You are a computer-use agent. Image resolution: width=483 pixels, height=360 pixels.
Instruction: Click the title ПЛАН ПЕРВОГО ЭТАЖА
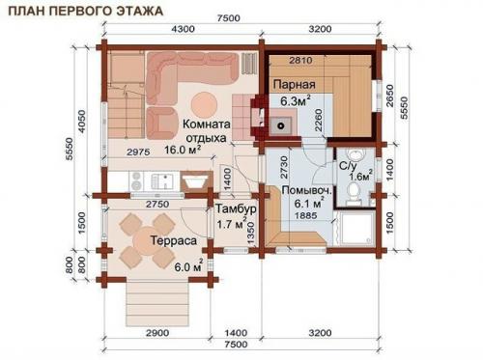[x=85, y=11]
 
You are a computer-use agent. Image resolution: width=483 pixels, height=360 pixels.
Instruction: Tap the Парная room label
[x=295, y=85]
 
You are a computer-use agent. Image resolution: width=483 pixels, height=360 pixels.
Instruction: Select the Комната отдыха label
[x=207, y=131]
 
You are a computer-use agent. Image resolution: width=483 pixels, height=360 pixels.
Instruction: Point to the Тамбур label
[x=236, y=208]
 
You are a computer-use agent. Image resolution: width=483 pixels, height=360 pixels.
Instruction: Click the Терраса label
[x=174, y=240]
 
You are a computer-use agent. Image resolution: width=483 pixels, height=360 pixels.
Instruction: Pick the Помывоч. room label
[x=306, y=190]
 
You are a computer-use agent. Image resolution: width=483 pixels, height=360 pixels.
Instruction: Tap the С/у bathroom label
[x=348, y=166]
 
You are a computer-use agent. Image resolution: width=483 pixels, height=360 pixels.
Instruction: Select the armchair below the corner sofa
[x=162, y=123]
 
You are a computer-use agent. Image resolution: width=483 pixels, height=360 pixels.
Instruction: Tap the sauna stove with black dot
[x=281, y=125]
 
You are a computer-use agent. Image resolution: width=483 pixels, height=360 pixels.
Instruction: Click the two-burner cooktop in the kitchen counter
[x=136, y=180]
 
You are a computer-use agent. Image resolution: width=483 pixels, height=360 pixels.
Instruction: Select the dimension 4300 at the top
[x=183, y=29]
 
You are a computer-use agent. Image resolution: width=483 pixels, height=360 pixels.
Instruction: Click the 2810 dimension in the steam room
[x=300, y=60]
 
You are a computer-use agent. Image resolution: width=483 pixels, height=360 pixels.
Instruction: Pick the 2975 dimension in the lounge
[x=138, y=152]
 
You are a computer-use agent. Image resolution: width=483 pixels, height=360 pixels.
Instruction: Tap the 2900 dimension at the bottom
[x=157, y=333]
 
